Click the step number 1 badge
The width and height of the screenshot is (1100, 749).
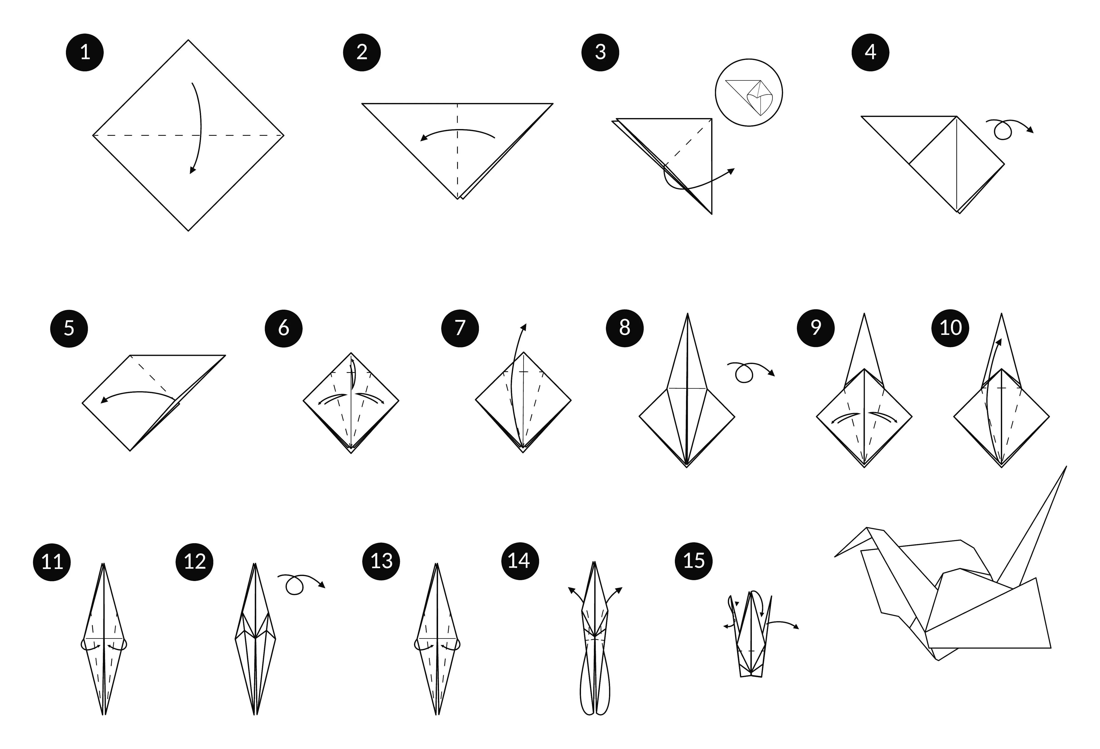click(x=85, y=52)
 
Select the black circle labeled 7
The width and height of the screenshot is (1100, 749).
click(x=460, y=328)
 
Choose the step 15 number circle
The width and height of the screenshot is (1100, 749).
click(x=693, y=561)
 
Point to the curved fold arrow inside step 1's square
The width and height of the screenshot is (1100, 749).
click(x=199, y=128)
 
